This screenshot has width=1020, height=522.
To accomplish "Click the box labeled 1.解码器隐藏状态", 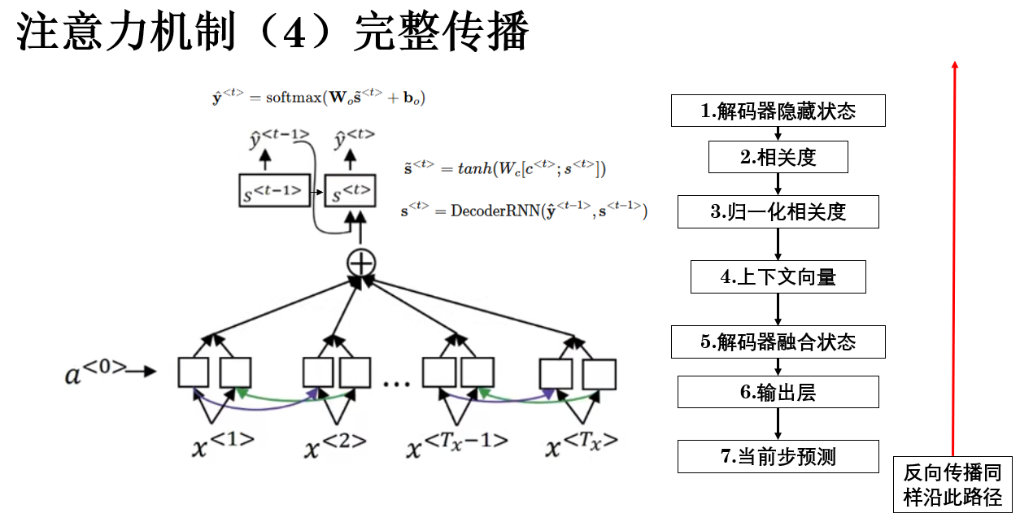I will [778, 111].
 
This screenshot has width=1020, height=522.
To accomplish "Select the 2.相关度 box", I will [778, 158].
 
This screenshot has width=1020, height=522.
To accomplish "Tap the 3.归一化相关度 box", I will [778, 212].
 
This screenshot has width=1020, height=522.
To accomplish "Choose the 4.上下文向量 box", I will [778, 277].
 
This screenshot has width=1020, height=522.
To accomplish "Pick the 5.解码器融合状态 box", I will [778, 341].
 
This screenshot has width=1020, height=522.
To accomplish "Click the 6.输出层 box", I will [778, 392].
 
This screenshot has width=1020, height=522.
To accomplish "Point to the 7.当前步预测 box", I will [778, 456].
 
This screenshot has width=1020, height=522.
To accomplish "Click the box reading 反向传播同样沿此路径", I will [952, 485].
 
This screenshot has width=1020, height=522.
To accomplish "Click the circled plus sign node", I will [360, 263].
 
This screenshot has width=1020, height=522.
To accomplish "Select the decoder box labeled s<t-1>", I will [274, 193].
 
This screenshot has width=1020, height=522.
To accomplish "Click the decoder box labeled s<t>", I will [351, 193].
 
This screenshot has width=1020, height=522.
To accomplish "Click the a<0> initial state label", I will [97, 373].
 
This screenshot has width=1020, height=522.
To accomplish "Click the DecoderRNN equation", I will [524, 211].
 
